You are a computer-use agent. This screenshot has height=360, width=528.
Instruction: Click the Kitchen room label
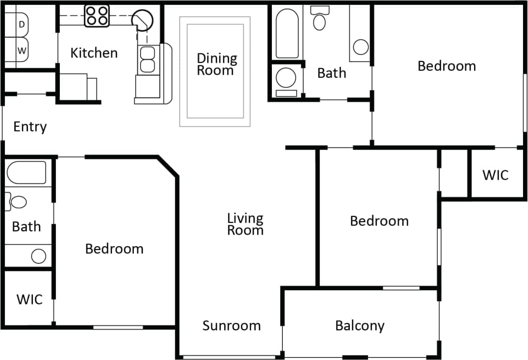94,53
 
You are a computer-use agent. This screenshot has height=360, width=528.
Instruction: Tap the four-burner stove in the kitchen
97,15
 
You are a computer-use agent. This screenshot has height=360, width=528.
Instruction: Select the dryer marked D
22,24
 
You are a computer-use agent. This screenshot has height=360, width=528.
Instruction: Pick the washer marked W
22,50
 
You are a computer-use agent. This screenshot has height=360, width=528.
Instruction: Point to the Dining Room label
216,64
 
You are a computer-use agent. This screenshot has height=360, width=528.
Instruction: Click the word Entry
30,127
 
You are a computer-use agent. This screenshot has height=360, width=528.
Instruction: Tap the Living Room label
245,224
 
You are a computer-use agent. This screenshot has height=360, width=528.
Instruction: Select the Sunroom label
231,326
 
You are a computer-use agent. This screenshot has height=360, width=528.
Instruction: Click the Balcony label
360,326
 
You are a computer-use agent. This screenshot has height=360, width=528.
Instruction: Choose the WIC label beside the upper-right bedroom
495,175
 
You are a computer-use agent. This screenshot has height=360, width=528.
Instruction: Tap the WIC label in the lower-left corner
29,300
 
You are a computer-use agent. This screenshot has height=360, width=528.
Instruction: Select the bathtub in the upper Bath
287,33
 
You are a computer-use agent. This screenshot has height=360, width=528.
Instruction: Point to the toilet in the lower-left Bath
18,202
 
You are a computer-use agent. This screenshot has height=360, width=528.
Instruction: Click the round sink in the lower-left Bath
38,256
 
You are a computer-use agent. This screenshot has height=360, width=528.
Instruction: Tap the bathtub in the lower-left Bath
27,172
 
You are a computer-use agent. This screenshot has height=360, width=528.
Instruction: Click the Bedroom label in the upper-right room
446,66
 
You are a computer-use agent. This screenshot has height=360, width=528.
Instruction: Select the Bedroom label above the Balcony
379,221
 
